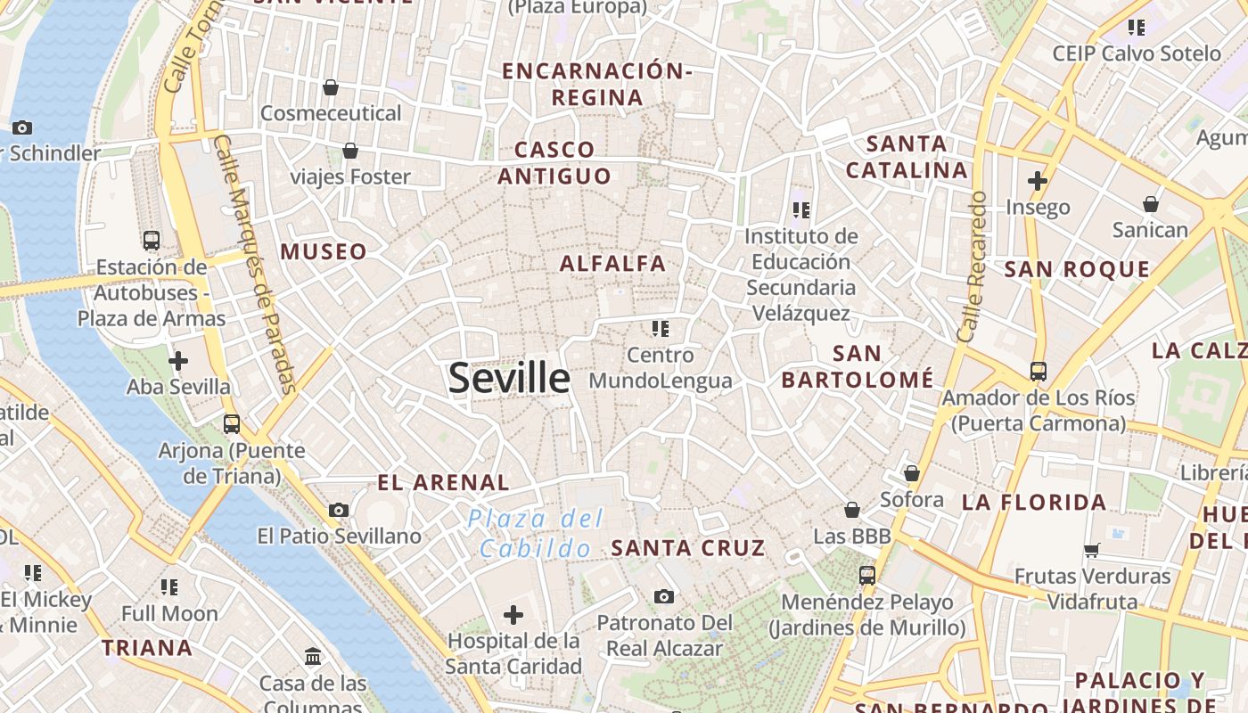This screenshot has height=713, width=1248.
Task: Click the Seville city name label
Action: point(509,378)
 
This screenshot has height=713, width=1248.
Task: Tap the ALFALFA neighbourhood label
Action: point(612,264)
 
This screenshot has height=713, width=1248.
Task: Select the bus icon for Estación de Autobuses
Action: point(152,240)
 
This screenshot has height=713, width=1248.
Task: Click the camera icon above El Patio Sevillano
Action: point(339,510)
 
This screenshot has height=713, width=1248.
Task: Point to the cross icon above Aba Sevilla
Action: point(178,361)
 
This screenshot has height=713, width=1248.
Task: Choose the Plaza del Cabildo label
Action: point(536,533)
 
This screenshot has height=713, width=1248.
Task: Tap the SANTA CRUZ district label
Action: point(687,548)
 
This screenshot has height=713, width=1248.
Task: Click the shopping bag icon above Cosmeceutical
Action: point(331,87)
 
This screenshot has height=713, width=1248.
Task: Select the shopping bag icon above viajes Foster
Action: point(350,151)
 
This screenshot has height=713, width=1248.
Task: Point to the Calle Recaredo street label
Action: point(972,266)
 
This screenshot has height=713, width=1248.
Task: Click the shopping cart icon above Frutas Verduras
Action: point(1092,550)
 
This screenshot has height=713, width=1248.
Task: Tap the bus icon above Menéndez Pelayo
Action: point(867,576)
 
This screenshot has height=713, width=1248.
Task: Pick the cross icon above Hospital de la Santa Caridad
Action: point(513,614)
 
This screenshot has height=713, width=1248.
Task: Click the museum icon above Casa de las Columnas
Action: point(313,657)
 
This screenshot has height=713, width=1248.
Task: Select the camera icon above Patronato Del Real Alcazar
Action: point(664,596)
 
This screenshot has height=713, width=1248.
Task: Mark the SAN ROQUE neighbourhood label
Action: point(1077,269)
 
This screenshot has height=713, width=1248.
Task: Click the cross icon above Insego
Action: point(1038,181)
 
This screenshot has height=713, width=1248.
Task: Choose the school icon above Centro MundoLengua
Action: point(661,329)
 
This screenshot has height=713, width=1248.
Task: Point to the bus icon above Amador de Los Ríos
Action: point(1039,371)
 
